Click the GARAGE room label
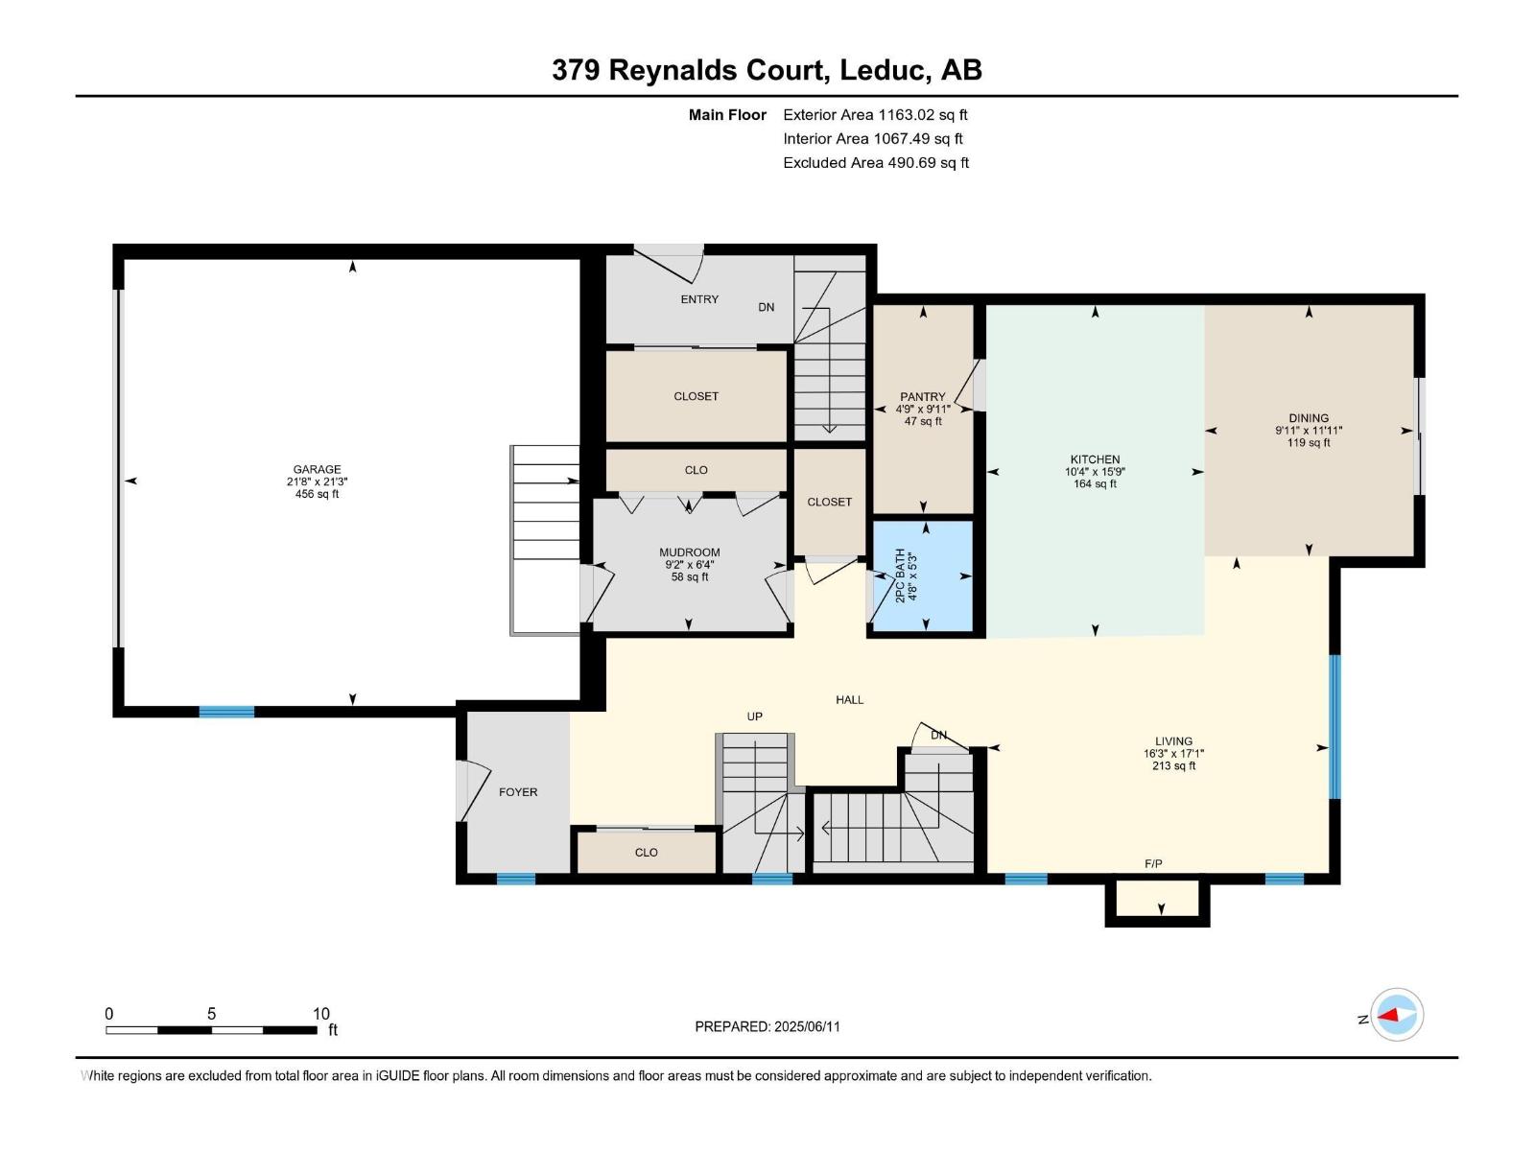[317, 470]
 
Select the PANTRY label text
[922, 397]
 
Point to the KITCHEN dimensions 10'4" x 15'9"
[1095, 472]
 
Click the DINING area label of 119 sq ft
[1309, 442]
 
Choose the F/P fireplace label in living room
[1153, 864]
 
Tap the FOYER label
[518, 792]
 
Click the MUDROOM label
[689, 552]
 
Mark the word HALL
[849, 700]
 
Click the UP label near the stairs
[755, 716]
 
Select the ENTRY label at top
[699, 299]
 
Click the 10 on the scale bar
[320, 1014]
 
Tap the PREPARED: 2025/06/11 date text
[767, 1026]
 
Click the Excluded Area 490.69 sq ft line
[875, 163]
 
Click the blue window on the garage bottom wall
[227, 712]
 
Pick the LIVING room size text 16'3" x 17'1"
[1173, 754]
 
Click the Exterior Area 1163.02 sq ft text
[875, 115]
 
